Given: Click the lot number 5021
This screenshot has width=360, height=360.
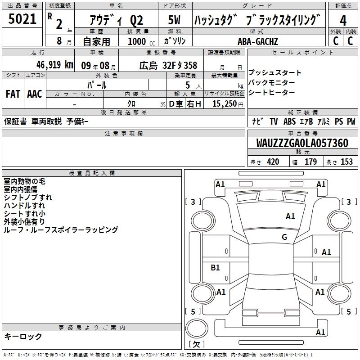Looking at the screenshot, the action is [x=22, y=19].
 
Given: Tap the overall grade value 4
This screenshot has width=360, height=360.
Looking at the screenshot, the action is [x=343, y=21].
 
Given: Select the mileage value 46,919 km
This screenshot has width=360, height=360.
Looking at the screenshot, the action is [x=55, y=65].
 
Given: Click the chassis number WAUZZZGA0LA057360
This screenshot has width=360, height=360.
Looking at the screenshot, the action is [x=302, y=143].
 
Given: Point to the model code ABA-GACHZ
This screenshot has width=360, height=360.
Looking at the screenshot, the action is [x=257, y=41].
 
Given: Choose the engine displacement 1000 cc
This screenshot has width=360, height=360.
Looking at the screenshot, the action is [x=141, y=42].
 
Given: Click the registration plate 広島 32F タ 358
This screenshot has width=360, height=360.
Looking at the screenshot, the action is [x=168, y=66].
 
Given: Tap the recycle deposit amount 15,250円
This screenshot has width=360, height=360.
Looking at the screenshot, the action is [x=228, y=104].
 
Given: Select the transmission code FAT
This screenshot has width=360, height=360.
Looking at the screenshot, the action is [x=13, y=94].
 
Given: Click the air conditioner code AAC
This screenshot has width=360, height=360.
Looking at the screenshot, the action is [x=35, y=94].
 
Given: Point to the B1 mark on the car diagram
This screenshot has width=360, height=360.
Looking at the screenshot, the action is [x=215, y=267].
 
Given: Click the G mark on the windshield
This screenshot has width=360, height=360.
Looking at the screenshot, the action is [x=284, y=237].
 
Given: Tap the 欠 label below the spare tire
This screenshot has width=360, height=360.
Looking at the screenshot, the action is [x=196, y=344].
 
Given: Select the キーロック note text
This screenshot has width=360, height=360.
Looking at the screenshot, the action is [x=23, y=336].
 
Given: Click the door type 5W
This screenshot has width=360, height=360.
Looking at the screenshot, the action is [x=174, y=20].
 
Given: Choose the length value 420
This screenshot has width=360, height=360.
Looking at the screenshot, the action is [x=273, y=162].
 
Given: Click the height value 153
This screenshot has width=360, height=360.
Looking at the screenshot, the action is [x=346, y=162].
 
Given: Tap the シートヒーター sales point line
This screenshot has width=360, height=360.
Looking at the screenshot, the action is [x=272, y=92].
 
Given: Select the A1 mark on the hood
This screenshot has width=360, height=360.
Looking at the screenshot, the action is [x=290, y=216].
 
